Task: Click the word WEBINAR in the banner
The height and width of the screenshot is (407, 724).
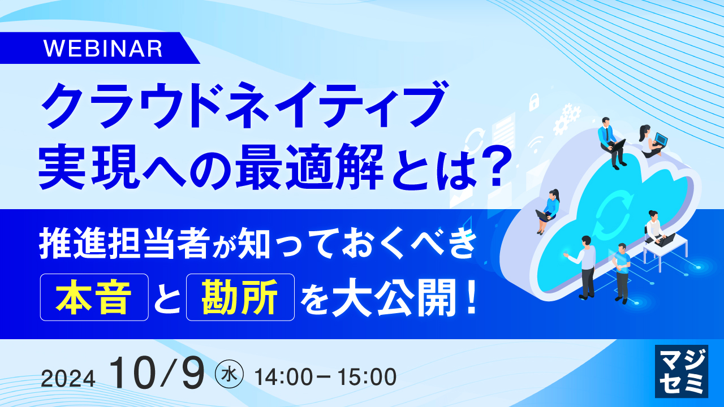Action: coord(103,49)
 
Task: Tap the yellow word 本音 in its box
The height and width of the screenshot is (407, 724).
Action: coord(94,298)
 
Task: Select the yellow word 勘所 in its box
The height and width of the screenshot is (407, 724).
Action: coord(240,298)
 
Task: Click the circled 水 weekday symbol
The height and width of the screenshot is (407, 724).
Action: coord(230,375)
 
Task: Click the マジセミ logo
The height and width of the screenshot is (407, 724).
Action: coord(681,370)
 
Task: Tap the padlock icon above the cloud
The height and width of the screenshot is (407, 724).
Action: coord(533,102)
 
